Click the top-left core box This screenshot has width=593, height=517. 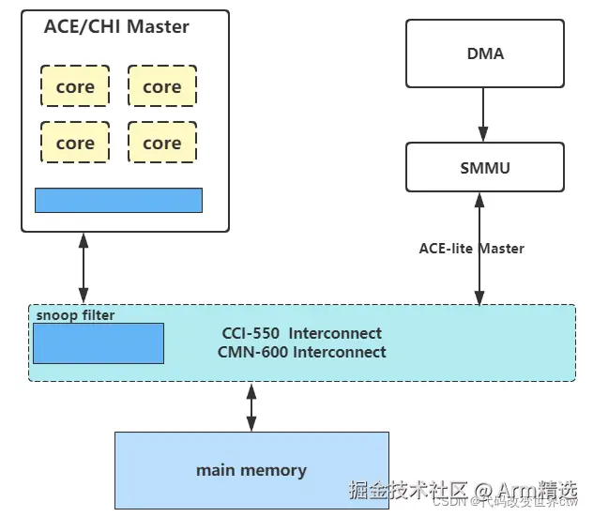75,86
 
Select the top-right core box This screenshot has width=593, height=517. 161,86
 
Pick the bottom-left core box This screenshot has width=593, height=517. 75,143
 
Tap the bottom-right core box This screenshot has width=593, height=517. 161,143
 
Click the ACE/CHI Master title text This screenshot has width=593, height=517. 116,27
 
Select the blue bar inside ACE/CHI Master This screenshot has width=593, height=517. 118,200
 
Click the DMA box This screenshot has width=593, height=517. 484,53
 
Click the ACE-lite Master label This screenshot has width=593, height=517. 471,249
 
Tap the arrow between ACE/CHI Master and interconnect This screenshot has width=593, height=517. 84,267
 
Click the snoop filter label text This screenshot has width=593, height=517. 75,315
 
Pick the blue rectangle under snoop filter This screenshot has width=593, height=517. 99,343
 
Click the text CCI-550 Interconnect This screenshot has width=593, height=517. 301,333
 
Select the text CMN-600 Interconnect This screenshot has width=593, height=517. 303,352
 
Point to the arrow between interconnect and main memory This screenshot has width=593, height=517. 251,406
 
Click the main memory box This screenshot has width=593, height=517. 251,470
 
